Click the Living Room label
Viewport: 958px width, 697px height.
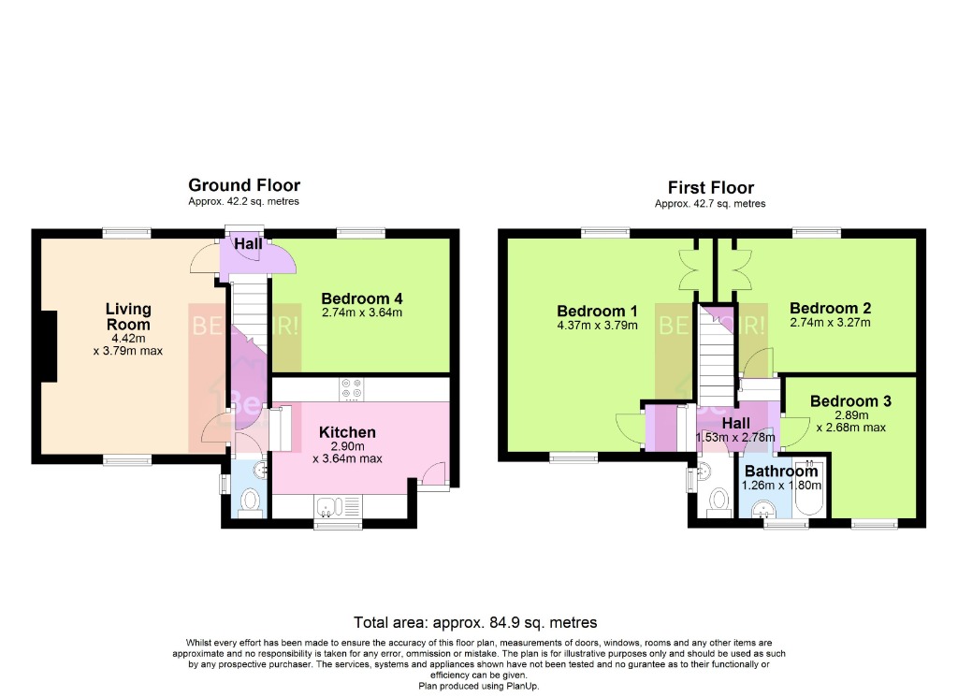128,316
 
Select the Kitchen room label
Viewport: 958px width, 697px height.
347,432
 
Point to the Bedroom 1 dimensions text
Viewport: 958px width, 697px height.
597,326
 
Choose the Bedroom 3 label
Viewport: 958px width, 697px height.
850,401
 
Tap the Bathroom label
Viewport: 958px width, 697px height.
780,472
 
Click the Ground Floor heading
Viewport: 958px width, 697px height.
244,185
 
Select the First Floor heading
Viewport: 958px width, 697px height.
710,187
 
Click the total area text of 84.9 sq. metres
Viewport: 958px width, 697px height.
475,622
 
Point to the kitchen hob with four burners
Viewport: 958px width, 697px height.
353,387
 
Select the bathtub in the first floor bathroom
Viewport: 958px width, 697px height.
806,489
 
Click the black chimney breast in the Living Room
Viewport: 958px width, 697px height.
49,345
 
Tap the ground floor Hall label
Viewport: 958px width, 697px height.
248,244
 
